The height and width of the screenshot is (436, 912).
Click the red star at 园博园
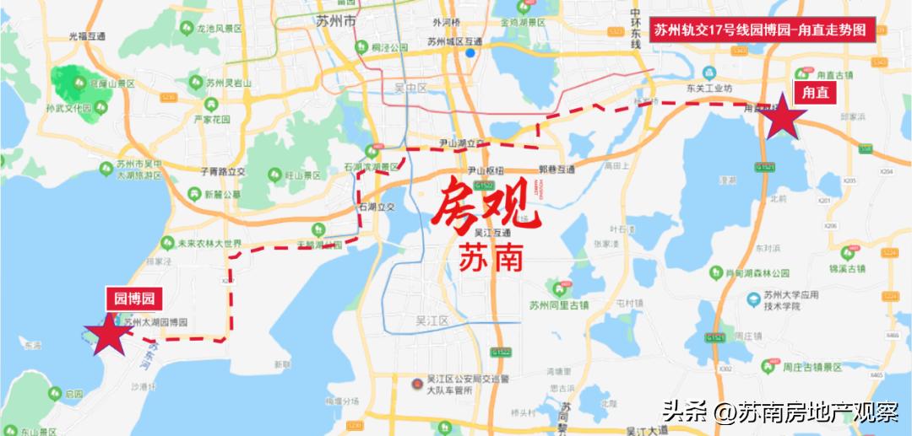108,336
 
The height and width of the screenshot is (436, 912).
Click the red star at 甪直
784,117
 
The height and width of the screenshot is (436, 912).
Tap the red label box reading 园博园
133,298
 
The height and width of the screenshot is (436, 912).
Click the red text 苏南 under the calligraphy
491,257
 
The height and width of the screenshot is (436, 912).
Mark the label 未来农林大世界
202,243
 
